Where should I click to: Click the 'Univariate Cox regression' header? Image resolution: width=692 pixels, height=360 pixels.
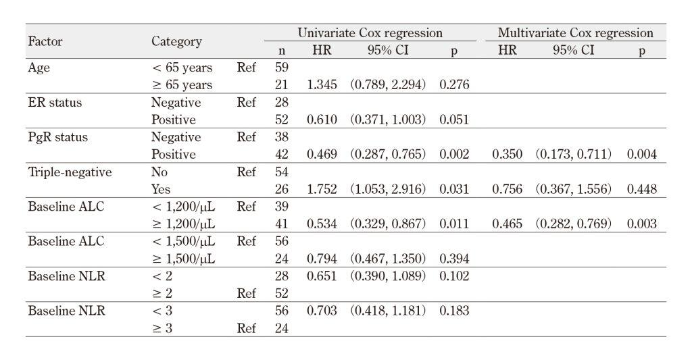coord(370,33)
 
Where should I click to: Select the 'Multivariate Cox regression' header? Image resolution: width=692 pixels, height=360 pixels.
coord(576,33)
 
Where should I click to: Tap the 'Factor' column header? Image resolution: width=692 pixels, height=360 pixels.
coord(45,41)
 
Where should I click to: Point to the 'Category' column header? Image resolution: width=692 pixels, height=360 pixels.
coord(176,41)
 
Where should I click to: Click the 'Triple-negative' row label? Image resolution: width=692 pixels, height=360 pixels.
coord(70,172)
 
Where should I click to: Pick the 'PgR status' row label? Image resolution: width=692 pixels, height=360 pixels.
coord(58,137)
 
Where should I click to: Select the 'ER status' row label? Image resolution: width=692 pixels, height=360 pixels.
coord(55,103)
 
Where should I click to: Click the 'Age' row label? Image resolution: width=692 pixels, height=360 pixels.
coord(39,68)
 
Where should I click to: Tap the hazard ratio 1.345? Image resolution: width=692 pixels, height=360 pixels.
coord(322,84)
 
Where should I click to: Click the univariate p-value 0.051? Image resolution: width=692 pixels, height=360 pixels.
coord(454,120)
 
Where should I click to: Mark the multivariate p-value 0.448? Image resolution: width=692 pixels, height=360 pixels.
coord(642,189)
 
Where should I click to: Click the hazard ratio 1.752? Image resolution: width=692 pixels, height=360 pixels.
coord(322,189)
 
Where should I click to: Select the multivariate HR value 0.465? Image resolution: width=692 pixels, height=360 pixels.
coord(507,224)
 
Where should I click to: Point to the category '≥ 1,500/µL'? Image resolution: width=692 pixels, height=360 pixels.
coord(183,259)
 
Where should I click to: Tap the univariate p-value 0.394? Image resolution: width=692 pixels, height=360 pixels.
coord(454,259)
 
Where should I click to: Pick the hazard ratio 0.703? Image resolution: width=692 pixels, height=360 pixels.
coord(322,311)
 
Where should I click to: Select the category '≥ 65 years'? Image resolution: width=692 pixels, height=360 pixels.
coord(182,85)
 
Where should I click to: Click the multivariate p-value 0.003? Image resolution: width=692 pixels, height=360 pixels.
coord(642,224)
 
